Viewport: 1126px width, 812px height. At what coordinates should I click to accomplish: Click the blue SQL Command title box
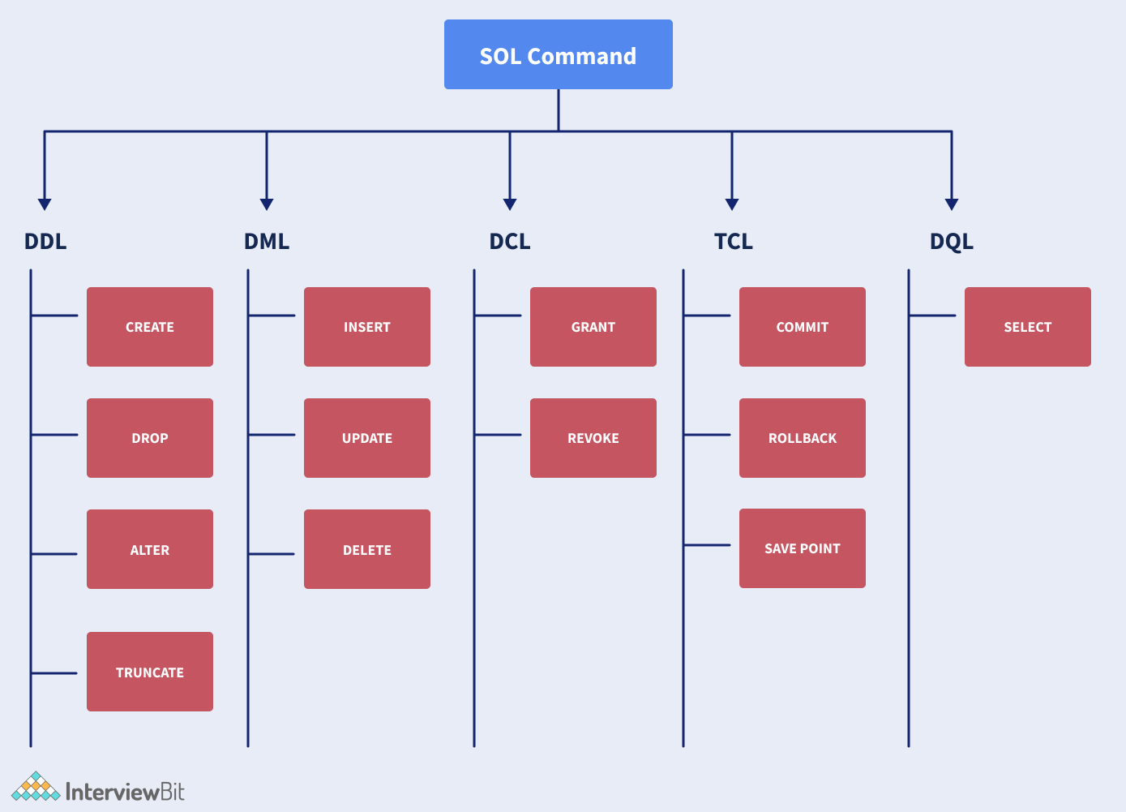[x=558, y=54]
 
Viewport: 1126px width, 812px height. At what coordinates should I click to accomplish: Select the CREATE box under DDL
[x=150, y=327]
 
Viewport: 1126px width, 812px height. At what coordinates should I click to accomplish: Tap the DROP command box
[x=150, y=438]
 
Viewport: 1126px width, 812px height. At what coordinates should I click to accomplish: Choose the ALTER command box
[x=150, y=549]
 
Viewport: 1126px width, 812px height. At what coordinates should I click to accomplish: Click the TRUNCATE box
[x=150, y=672]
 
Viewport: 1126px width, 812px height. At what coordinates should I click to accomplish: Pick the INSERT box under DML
[x=367, y=327]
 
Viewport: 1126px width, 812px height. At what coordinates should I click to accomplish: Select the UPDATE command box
[x=367, y=438]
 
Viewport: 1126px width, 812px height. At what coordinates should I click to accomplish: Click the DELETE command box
[x=367, y=549]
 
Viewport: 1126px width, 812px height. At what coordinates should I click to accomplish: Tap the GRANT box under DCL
[x=593, y=327]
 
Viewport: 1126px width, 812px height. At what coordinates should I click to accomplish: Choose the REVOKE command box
[x=593, y=438]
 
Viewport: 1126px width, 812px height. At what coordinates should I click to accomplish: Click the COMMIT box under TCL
[x=803, y=327]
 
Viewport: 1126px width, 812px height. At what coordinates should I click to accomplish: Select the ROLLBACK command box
[x=803, y=438]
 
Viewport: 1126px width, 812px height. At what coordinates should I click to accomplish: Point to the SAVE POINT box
[x=803, y=548]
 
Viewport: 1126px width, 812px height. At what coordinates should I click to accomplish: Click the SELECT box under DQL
[x=1028, y=327]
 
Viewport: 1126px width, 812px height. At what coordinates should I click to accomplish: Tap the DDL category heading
[x=45, y=242]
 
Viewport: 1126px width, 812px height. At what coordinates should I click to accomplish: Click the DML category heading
[x=267, y=242]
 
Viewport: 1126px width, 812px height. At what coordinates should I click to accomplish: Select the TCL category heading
[x=734, y=242]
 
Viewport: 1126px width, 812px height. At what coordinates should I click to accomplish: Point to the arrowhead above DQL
[x=952, y=204]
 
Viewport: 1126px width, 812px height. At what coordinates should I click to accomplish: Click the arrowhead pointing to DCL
[x=510, y=204]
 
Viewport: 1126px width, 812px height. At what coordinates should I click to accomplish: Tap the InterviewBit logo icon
[x=36, y=787]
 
